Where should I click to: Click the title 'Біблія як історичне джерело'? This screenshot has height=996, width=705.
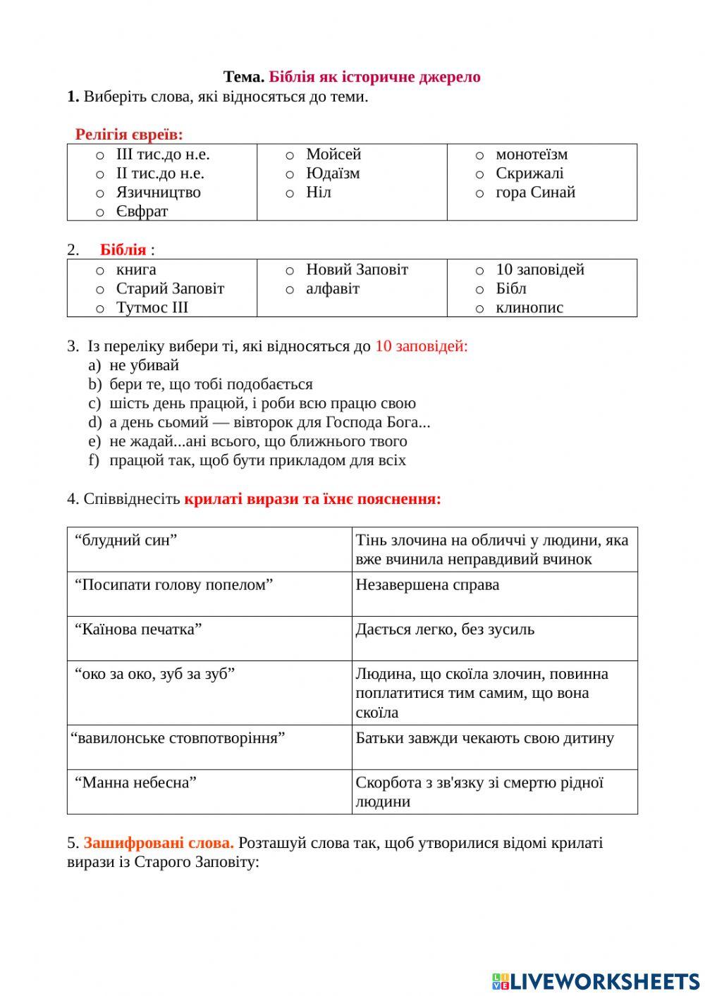pyautogui.click(x=374, y=77)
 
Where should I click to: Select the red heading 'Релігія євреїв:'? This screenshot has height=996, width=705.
pyautogui.click(x=129, y=134)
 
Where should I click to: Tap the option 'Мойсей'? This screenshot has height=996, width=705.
pyautogui.click(x=333, y=154)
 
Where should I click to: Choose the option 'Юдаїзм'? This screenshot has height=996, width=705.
pyautogui.click(x=333, y=173)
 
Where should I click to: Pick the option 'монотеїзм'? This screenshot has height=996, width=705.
pyautogui.click(x=532, y=154)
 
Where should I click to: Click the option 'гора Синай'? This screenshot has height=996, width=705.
pyautogui.click(x=535, y=192)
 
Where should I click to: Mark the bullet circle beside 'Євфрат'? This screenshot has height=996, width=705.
pyautogui.click(x=100, y=212)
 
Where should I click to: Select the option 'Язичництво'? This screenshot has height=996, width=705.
pyautogui.click(x=158, y=192)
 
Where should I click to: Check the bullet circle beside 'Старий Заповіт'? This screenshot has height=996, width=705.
pyautogui.click(x=100, y=290)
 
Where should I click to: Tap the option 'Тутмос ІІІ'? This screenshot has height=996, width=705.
pyautogui.click(x=152, y=308)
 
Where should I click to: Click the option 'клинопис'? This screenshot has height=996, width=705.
pyautogui.click(x=529, y=308)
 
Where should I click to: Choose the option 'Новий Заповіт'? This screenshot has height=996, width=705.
pyautogui.click(x=357, y=270)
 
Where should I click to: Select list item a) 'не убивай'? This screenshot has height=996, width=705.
pyautogui.click(x=144, y=365)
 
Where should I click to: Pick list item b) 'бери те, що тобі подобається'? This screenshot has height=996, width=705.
pyautogui.click(x=211, y=384)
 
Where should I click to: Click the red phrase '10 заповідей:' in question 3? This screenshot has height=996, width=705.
pyautogui.click(x=421, y=346)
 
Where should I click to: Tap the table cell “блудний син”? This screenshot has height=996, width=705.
pyautogui.click(x=126, y=541)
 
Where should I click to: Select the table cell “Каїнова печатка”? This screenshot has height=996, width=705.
pyautogui.click(x=139, y=629)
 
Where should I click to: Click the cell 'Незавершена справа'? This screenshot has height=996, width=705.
pyautogui.click(x=427, y=585)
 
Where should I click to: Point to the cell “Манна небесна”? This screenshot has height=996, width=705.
pyautogui.click(x=136, y=782)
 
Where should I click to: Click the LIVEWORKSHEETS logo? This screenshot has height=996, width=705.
pyautogui.click(x=596, y=980)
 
